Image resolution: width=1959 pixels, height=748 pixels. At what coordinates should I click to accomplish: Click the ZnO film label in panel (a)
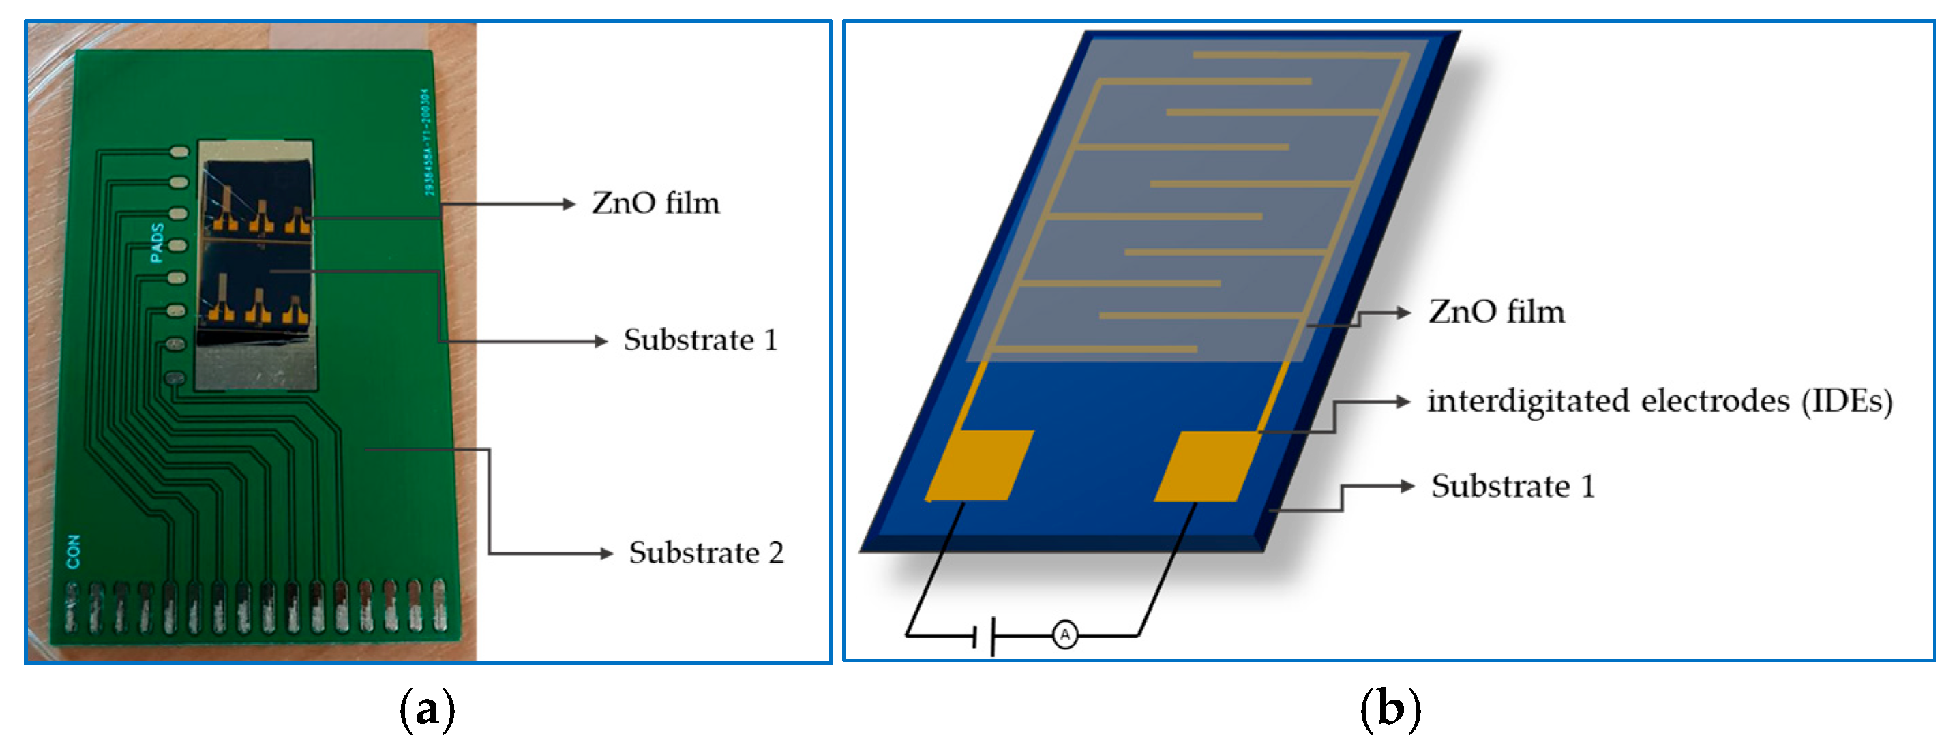[655, 204]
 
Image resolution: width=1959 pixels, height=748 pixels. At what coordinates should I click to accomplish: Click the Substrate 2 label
[705, 552]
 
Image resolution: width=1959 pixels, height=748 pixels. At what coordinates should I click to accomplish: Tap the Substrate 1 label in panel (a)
[700, 340]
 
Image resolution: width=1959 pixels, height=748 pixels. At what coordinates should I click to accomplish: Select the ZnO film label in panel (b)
[1496, 312]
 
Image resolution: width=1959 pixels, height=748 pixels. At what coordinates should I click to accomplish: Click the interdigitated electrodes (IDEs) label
[1658, 402]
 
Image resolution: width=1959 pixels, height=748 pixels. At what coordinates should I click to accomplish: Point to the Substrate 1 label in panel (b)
[1512, 486]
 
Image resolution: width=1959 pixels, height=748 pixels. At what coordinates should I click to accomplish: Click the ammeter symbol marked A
[1064, 634]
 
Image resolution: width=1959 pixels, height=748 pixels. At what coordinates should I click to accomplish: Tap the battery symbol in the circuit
[985, 635]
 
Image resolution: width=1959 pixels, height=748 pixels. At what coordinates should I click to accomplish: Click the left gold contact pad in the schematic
[979, 465]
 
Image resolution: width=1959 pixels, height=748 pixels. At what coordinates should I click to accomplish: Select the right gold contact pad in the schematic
[1208, 465]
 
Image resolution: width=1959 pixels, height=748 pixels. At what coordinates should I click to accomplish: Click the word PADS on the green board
[157, 243]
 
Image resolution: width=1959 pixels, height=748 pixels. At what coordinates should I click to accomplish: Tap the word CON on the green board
[73, 551]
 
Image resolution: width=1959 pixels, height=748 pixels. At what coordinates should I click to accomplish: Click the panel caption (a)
[427, 708]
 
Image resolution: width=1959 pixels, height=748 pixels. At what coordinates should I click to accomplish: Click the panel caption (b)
[1390, 708]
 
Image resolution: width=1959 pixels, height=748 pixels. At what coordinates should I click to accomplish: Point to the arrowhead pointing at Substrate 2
[606, 554]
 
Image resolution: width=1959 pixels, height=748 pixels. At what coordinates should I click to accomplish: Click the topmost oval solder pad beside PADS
[179, 152]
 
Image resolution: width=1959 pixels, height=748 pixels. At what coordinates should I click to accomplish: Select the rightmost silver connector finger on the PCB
[439, 606]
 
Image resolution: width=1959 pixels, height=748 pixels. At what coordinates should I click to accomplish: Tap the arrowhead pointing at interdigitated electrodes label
[1404, 402]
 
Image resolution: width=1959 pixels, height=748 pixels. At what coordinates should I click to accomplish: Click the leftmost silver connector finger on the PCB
[72, 608]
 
